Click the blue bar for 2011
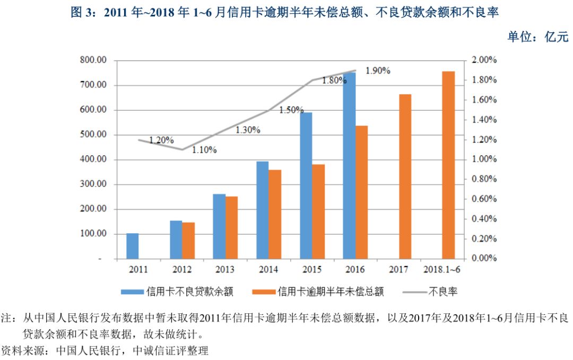pyautogui.click(x=133, y=246)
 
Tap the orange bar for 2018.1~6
pyautogui.click(x=448, y=165)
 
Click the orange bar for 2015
pyautogui.click(x=318, y=212)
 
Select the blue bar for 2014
pyautogui.click(x=263, y=210)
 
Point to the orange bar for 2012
pyautogui.click(x=188, y=241)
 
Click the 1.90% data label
pyautogui.click(x=378, y=71)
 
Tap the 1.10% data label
pyautogui.click(x=204, y=150)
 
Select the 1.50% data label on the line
pyautogui.click(x=291, y=110)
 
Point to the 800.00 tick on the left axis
pyautogui.click(x=93, y=60)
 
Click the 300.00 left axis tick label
pyautogui.click(x=93, y=185)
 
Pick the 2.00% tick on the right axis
pyautogui.click(x=484, y=60)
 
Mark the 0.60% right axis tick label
pyautogui.click(x=484, y=199)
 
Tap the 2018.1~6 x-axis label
pyautogui.click(x=442, y=270)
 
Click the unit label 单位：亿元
pyautogui.click(x=537, y=37)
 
